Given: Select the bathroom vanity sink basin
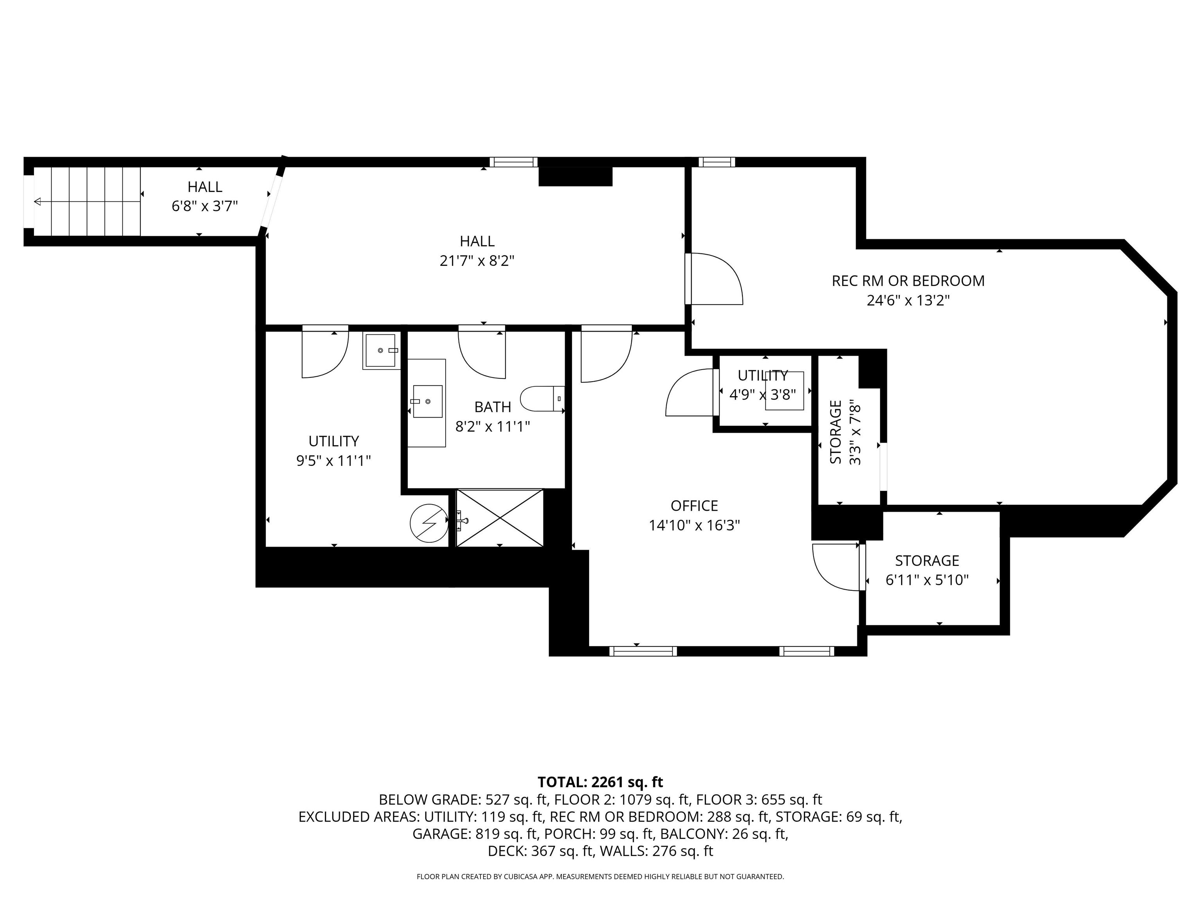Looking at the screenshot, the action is click(428, 401).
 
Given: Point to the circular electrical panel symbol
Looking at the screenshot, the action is click(429, 522).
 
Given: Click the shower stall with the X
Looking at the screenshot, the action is click(500, 518).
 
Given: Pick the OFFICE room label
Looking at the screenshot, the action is click(694, 506).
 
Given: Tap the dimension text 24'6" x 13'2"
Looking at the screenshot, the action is click(908, 300).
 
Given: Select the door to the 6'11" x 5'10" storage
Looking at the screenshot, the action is click(836, 567).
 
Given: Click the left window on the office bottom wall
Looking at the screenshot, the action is click(643, 651).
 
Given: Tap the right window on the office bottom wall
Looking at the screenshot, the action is click(807, 651).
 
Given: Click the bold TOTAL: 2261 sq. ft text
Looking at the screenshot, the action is click(600, 782).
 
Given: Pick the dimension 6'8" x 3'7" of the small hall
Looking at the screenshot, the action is click(205, 206).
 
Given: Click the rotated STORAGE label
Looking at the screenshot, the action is click(836, 432).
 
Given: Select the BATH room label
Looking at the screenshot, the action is click(493, 407).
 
